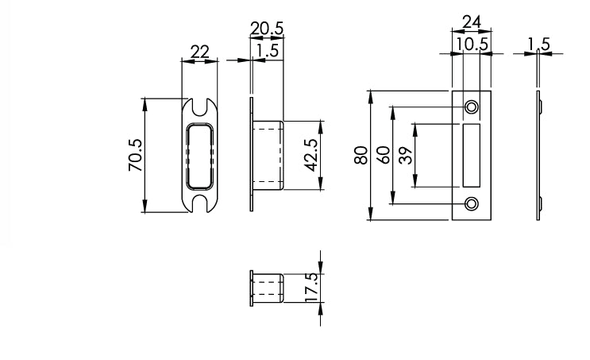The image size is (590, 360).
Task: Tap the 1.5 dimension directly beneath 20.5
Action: tap(266, 50)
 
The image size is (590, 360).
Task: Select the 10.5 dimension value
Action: tap(472, 45)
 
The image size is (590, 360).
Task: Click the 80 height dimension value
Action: tap(361, 155)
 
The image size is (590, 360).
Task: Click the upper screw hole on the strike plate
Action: tap(472, 106)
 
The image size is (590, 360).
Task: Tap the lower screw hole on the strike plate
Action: tap(472, 203)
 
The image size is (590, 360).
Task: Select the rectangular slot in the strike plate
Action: tap(472, 155)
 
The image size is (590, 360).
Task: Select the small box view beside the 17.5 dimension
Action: tap(268, 288)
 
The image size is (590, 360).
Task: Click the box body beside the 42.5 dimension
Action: tap(268, 156)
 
